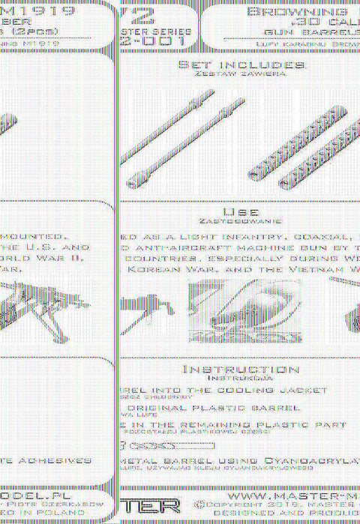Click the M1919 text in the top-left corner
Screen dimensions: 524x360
(44, 12)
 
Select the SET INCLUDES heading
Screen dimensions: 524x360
(241, 65)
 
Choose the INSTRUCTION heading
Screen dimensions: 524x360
(240, 370)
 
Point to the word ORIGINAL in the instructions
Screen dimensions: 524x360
(166, 409)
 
